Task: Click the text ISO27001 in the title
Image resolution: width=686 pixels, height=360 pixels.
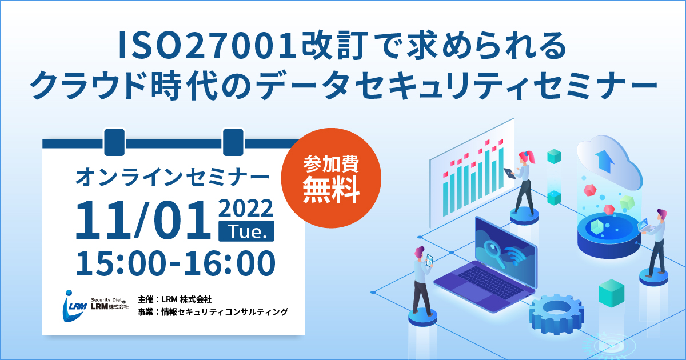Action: point(208,46)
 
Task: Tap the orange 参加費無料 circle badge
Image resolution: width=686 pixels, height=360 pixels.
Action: point(331,178)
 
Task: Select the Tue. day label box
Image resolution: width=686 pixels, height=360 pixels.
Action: point(246,231)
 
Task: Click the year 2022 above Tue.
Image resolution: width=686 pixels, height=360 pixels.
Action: point(246,208)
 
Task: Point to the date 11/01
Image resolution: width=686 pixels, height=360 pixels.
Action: point(143,220)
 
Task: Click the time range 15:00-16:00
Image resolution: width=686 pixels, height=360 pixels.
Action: point(176,263)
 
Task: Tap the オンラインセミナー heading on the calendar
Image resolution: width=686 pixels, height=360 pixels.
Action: point(172,178)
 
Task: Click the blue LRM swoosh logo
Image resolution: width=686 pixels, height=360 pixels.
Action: point(74,306)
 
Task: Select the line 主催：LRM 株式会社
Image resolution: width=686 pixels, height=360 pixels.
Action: point(174,299)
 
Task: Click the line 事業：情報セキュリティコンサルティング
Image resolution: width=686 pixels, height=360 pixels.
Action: point(213,312)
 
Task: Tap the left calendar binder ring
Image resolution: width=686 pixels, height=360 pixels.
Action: point(114,142)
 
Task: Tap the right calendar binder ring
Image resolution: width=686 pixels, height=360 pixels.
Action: point(233,142)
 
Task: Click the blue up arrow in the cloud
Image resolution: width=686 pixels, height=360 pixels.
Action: point(605,161)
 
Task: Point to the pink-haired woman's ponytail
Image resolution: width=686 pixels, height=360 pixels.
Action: point(532,157)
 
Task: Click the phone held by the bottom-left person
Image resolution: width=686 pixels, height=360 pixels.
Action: point(429,260)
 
